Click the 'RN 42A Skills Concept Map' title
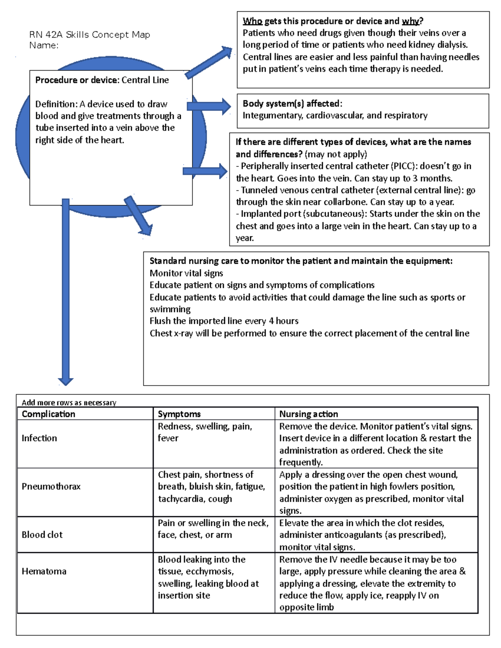pyautogui.click(x=89, y=35)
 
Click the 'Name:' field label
pyautogui.click(x=44, y=45)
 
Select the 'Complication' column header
pyautogui.click(x=48, y=414)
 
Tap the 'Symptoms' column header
pyautogui.click(x=179, y=414)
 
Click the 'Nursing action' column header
pyautogui.click(x=309, y=414)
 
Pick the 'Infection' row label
pyautogui.click(x=39, y=438)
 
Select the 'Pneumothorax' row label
pyautogui.click(x=51, y=487)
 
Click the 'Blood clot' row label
pyautogui.click(x=42, y=535)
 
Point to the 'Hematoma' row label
pyautogui.click(x=44, y=571)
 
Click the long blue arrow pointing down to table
pyautogui.click(x=66, y=292)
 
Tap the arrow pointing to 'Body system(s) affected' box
pyautogui.click(x=209, y=106)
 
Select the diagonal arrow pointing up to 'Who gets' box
pyautogui.click(x=209, y=63)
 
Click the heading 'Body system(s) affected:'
pyautogui.click(x=292, y=103)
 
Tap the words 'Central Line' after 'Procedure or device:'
pyautogui.click(x=145, y=80)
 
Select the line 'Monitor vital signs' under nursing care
pyautogui.click(x=186, y=273)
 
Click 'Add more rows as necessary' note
pyautogui.click(x=69, y=403)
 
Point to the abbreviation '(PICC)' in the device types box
pyautogui.click(x=404, y=166)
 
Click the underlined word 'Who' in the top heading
pyautogui.click(x=252, y=21)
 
